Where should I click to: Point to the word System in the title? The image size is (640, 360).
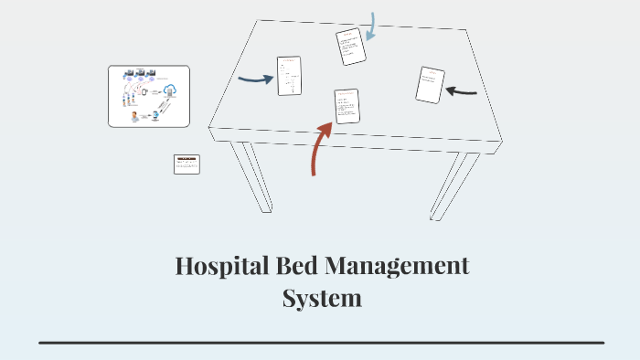click(x=321, y=298)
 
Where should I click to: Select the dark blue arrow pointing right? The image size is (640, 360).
click(x=255, y=79)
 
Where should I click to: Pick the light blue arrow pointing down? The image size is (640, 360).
click(x=371, y=27)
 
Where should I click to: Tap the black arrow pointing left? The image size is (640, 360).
click(x=461, y=91)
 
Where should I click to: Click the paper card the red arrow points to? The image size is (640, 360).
click(x=347, y=106)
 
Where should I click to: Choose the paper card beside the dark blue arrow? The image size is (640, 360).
click(x=289, y=76)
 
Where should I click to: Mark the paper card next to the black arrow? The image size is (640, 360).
click(x=430, y=85)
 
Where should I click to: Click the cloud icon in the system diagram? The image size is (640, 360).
click(x=170, y=90)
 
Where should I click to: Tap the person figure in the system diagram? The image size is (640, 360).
click(x=135, y=115)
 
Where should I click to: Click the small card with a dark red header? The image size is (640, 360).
click(x=187, y=164)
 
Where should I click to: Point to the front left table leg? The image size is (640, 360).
click(x=251, y=177)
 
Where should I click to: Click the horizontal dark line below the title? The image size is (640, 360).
click(x=321, y=343)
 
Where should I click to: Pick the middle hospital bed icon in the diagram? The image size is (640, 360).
click(x=139, y=71)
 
